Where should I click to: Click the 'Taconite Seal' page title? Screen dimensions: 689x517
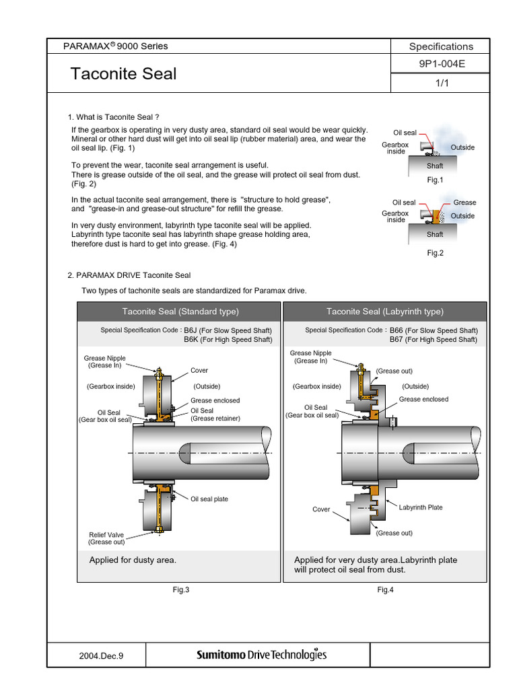123,73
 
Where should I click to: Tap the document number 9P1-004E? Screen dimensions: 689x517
441,65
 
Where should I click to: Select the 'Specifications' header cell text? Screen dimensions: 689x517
441,46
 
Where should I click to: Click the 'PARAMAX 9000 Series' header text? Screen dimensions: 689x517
115,46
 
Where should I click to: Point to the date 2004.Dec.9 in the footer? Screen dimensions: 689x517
96,654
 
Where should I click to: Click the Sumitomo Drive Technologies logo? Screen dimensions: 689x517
261,654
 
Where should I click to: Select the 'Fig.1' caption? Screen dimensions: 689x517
435,180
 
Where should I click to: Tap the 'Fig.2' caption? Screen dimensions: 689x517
435,253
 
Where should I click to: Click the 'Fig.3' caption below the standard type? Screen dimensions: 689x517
181,590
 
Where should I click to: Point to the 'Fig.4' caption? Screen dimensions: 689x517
385,590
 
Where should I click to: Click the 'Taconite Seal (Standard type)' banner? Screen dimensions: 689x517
180,312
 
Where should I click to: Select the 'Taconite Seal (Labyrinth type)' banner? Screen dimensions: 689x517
385,312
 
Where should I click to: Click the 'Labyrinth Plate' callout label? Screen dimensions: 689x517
421,507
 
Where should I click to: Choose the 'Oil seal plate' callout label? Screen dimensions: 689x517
209,499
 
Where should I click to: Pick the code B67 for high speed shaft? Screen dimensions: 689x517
397,340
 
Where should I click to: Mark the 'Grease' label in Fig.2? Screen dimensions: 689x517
464,203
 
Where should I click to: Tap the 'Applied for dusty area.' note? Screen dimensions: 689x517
133,560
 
